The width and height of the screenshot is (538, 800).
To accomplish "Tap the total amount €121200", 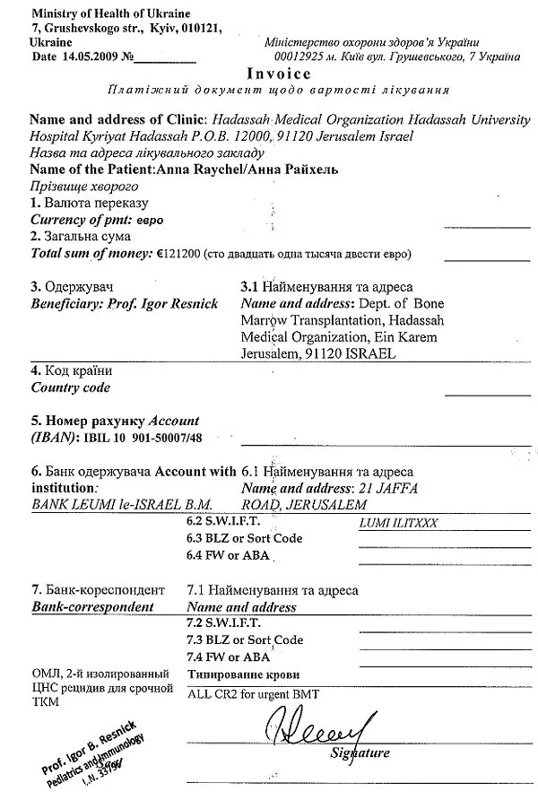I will click(178, 254).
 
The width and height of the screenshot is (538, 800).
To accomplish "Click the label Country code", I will click(71, 387).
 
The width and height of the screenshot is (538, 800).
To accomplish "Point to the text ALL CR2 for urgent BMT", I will click(254, 694).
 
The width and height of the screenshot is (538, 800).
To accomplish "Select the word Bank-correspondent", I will click(93, 607).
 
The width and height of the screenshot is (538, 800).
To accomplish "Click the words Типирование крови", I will click(243, 674).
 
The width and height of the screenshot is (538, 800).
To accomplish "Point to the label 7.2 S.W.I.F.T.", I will click(222, 623).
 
